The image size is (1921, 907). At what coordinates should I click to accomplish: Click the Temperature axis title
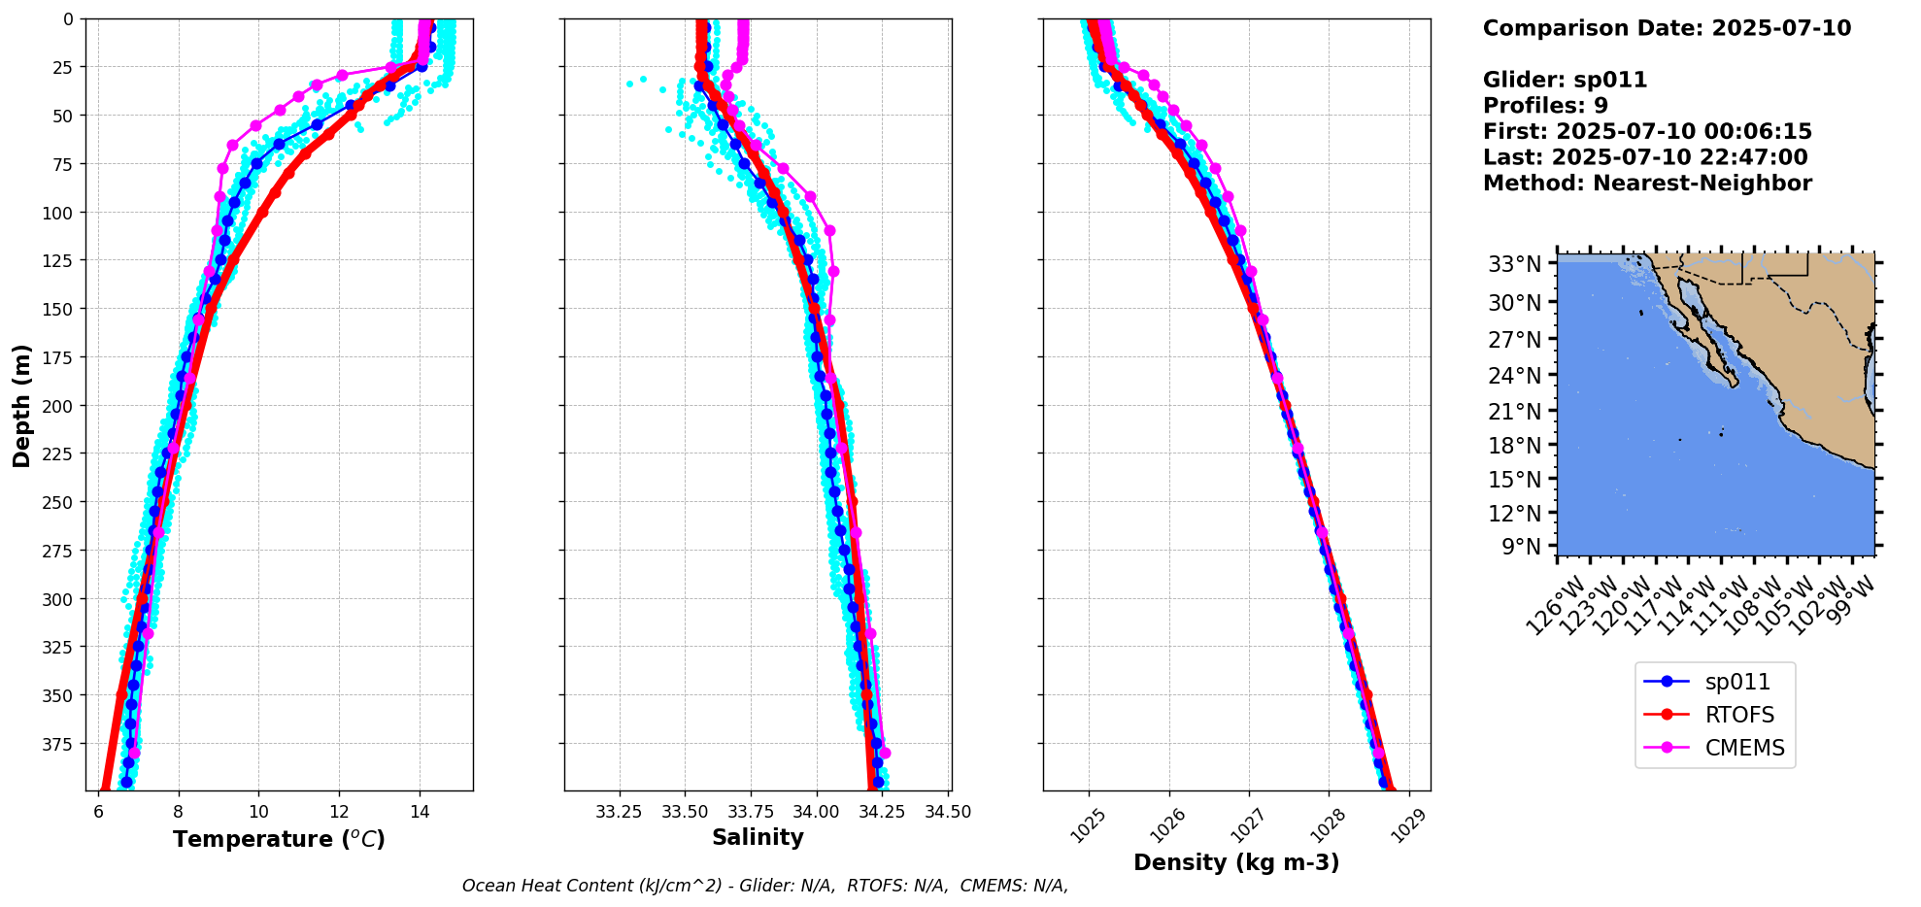(279, 839)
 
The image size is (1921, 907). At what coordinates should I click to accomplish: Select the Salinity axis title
(758, 837)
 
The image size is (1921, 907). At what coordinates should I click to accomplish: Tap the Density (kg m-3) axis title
(1236, 862)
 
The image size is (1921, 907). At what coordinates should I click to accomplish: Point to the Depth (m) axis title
(21, 405)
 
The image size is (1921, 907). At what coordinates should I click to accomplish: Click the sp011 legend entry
(1737, 682)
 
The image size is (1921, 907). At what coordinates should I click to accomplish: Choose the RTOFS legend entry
(1739, 715)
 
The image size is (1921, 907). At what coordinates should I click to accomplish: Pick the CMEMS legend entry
(1744, 748)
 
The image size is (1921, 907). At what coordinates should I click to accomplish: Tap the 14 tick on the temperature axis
(420, 812)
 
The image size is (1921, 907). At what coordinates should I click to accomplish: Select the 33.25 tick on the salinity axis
(619, 812)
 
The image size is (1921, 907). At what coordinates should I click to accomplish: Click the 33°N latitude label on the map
(1514, 264)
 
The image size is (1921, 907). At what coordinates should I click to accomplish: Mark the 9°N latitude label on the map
(1521, 547)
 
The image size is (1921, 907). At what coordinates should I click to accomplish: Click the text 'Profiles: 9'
(1545, 106)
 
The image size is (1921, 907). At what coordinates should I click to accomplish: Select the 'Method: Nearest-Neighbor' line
(1647, 184)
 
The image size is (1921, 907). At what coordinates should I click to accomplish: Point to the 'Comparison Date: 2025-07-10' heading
(1667, 28)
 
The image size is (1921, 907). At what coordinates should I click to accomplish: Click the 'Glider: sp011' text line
(1565, 80)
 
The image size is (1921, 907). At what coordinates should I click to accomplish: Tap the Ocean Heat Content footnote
(765, 886)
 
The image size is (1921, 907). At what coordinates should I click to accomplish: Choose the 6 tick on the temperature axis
(98, 812)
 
